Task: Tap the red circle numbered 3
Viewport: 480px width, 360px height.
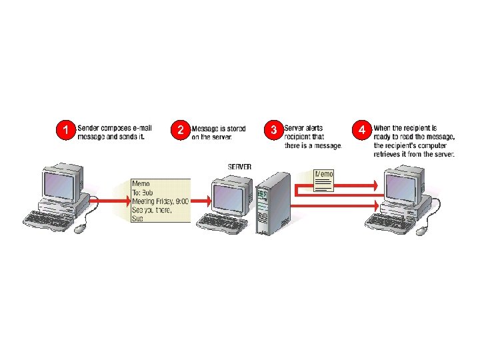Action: pyautogui.click(x=273, y=130)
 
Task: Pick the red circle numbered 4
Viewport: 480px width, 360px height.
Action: pyautogui.click(x=361, y=130)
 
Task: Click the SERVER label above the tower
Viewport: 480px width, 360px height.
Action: pyautogui.click(x=240, y=166)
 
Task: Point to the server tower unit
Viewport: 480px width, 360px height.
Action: pyautogui.click(x=273, y=203)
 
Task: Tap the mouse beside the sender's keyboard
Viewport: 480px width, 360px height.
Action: pyautogui.click(x=80, y=229)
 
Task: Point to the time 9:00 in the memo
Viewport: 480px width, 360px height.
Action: pyautogui.click(x=181, y=200)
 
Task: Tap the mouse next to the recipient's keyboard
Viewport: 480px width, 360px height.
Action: pyautogui.click(x=422, y=230)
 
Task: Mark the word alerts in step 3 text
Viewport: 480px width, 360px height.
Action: pyautogui.click(x=316, y=127)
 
